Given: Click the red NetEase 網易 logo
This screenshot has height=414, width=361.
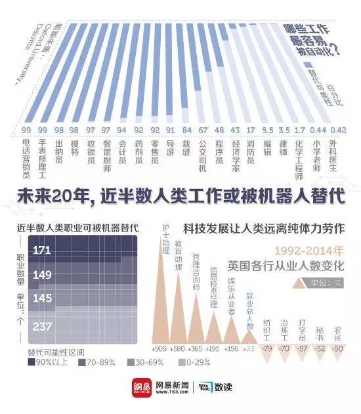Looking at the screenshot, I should (139, 387).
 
